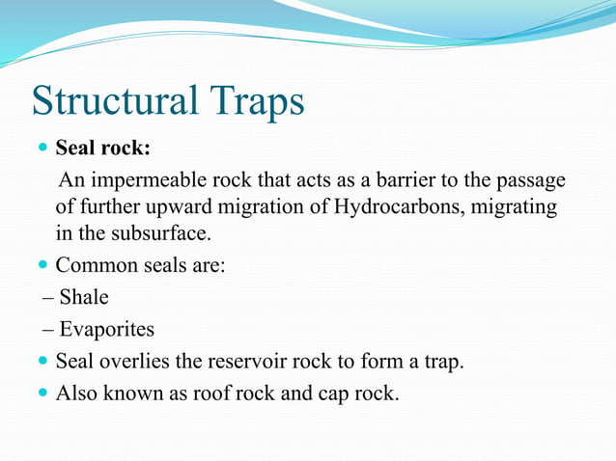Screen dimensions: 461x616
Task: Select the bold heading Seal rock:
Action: (102, 149)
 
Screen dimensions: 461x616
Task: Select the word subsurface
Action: (159, 233)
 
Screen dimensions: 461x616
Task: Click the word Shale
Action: (84, 296)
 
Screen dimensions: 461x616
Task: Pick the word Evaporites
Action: (107, 329)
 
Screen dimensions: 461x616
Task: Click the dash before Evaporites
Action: (48, 329)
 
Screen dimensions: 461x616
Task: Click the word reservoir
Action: (243, 362)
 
